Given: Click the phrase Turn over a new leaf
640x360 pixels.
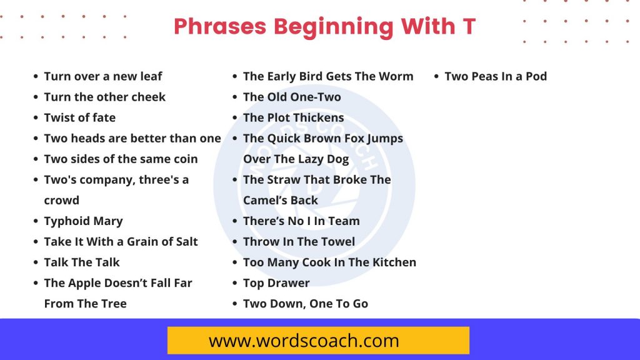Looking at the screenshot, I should (102, 76).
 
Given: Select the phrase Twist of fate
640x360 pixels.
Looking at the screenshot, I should (79, 117).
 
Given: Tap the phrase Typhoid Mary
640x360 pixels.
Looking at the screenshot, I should (83, 221).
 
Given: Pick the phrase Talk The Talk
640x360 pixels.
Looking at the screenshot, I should (81, 262).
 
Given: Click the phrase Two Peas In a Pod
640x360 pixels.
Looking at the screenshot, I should (495, 76).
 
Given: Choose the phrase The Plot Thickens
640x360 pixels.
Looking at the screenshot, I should (293, 117).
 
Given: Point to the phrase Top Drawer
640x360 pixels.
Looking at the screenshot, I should (276, 283).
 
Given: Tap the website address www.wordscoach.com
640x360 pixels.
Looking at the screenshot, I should (304, 341).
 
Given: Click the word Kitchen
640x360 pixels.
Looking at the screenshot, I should (394, 262).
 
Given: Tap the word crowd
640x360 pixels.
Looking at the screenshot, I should (61, 201).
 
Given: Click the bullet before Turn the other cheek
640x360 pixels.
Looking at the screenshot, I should (35, 97).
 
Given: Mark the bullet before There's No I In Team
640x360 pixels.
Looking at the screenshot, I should (234, 221).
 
